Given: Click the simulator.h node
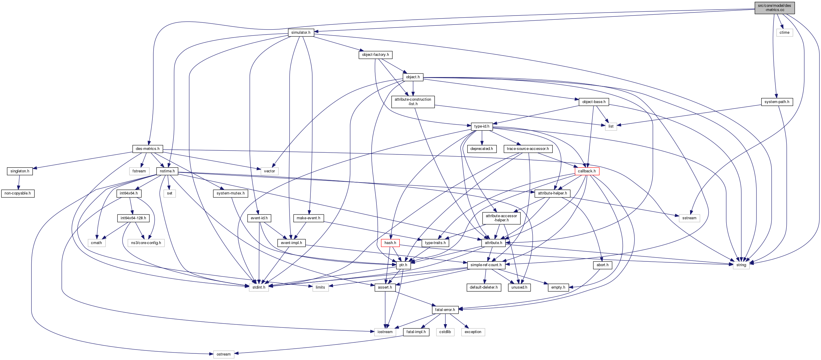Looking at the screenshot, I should tap(301, 33).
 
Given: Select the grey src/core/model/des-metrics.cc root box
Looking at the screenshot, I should tap(774, 8).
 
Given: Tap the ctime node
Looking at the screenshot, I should tap(784, 33).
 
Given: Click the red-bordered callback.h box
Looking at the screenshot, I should tap(587, 171).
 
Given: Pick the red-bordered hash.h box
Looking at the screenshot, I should tap(390, 243).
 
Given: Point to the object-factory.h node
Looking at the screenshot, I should tap(375, 55).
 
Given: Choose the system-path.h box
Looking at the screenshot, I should tap(777, 102).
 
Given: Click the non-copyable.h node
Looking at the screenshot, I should tap(18, 193).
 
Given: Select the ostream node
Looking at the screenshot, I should tap(223, 354).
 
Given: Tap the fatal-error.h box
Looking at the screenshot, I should tap(445, 310).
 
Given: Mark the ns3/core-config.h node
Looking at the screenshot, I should tap(146, 243).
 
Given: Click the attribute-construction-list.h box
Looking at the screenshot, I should tap(413, 102).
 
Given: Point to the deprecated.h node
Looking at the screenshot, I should tap(482, 149).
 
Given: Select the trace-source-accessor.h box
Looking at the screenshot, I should tap(528, 149).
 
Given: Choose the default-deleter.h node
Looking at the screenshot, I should tap(483, 287).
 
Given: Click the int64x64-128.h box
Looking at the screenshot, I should tap(133, 218).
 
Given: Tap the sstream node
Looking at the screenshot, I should tap(689, 218).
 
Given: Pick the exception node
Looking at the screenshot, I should tap(473, 332).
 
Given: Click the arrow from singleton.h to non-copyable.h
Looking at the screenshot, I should tap(19, 182).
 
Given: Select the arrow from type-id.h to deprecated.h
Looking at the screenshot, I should tap(482, 138).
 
